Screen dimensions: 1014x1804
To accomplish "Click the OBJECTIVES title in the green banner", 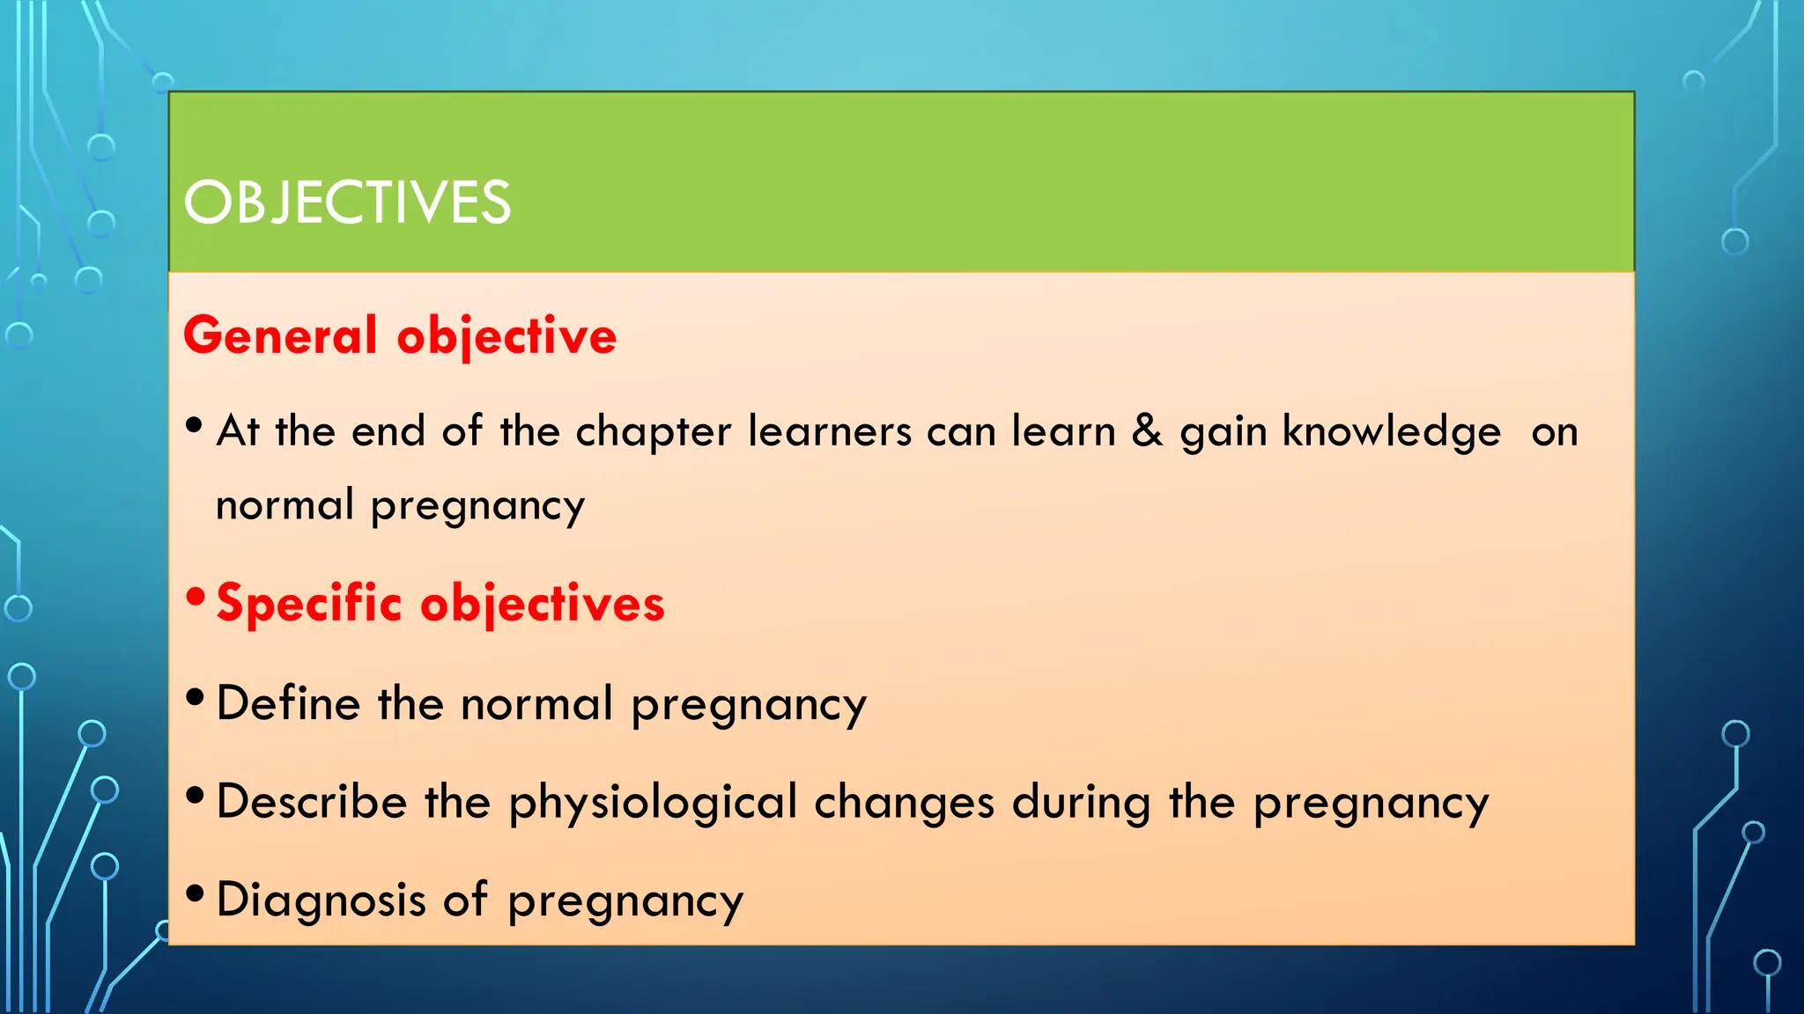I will tap(347, 202).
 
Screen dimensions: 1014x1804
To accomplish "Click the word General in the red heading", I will tap(280, 336).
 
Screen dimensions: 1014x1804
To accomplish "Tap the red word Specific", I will tap(308, 604).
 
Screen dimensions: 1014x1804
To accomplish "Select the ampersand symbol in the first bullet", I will tap(1147, 431).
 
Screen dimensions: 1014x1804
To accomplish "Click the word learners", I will tap(829, 431).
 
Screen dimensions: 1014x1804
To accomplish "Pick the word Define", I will tap(288, 704).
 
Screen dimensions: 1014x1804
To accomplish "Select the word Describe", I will tap(311, 803).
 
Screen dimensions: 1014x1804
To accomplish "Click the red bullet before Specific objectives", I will tap(196, 599).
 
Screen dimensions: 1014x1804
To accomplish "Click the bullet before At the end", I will tap(196, 427).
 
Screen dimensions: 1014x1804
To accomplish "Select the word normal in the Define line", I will tap(536, 704).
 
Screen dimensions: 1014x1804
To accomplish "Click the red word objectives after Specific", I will tap(542, 606).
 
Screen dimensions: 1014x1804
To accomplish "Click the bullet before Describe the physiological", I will tap(196, 797).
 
